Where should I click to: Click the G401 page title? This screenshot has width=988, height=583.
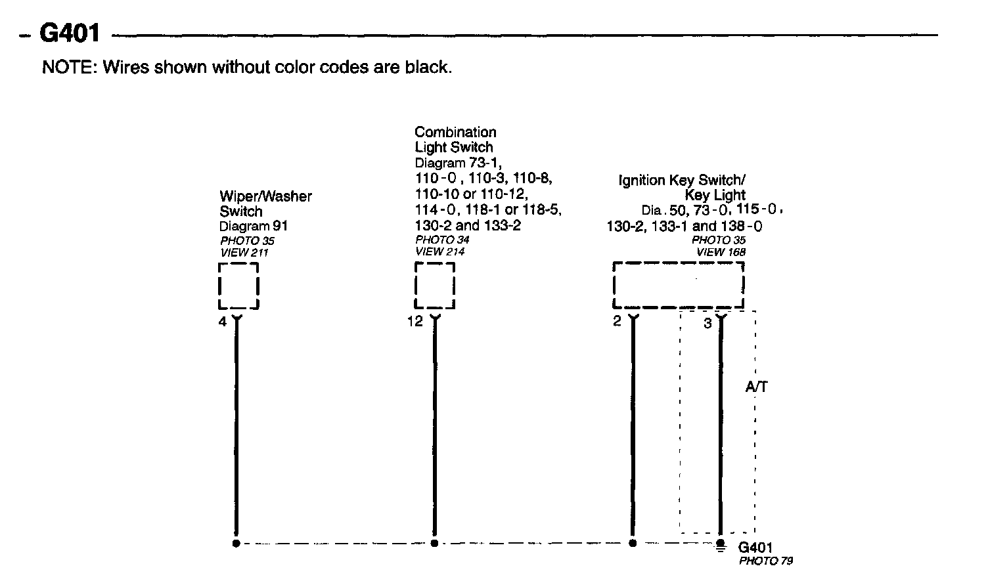pyautogui.click(x=70, y=33)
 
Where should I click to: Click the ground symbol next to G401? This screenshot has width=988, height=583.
pyautogui.click(x=721, y=545)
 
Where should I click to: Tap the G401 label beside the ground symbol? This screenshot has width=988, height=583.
pyautogui.click(x=755, y=548)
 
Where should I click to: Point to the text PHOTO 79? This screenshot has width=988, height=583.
pyautogui.click(x=765, y=561)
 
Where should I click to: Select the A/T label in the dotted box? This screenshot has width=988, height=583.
pyautogui.click(x=756, y=387)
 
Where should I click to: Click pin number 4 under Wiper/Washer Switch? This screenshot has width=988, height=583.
pyautogui.click(x=223, y=322)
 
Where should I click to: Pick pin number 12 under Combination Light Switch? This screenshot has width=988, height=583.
pyautogui.click(x=415, y=322)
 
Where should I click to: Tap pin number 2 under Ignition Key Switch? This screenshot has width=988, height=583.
pyautogui.click(x=617, y=322)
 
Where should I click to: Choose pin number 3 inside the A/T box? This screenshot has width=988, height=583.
pyautogui.click(x=707, y=324)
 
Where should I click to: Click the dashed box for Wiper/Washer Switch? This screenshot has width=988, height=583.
pyautogui.click(x=238, y=286)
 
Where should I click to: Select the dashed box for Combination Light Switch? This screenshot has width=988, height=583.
pyautogui.click(x=435, y=286)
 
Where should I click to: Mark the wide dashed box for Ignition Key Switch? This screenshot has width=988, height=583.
pyautogui.click(x=678, y=286)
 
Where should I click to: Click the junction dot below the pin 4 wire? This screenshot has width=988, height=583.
pyautogui.click(x=236, y=544)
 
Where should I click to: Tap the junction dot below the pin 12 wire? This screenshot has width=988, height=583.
pyautogui.click(x=434, y=544)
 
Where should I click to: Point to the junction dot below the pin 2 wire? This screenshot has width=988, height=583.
pyautogui.click(x=633, y=544)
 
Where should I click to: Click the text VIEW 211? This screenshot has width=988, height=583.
pyautogui.click(x=244, y=253)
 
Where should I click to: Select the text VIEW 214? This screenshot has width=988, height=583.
pyautogui.click(x=440, y=252)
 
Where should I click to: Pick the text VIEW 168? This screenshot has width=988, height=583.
pyautogui.click(x=721, y=252)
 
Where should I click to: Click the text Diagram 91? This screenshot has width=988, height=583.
pyautogui.click(x=254, y=227)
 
